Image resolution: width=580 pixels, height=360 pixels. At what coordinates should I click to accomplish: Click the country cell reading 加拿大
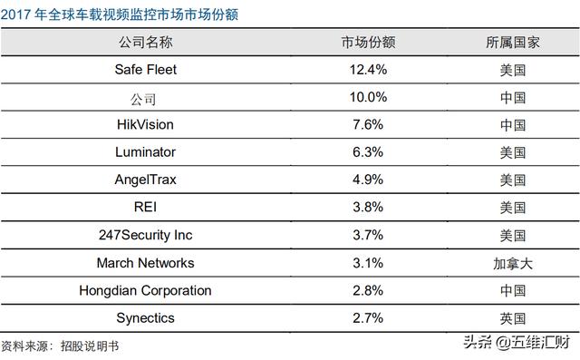[513, 264]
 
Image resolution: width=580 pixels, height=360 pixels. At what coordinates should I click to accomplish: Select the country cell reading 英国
[513, 319]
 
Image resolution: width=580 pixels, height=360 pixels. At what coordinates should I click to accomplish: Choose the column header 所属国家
[513, 42]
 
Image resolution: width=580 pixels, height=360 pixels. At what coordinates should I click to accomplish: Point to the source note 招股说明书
[89, 346]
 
